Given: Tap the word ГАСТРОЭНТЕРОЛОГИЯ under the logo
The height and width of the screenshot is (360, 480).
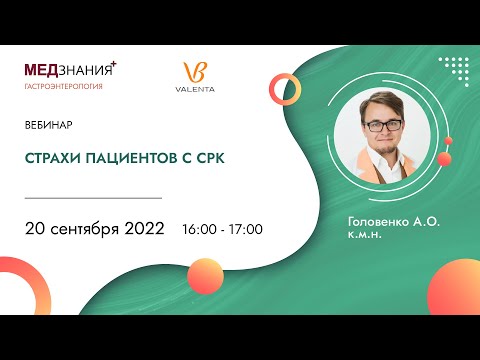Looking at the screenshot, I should pyautogui.click(x=63, y=87).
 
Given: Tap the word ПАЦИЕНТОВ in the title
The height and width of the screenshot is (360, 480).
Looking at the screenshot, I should pyautogui.click(x=125, y=158).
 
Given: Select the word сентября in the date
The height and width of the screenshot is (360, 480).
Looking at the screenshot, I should pyautogui.click(x=87, y=229).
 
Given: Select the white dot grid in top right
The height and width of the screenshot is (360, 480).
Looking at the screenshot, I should pyautogui.click(x=455, y=70).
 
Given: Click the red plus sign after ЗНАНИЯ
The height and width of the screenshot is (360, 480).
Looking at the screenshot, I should pyautogui.click(x=113, y=63).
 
